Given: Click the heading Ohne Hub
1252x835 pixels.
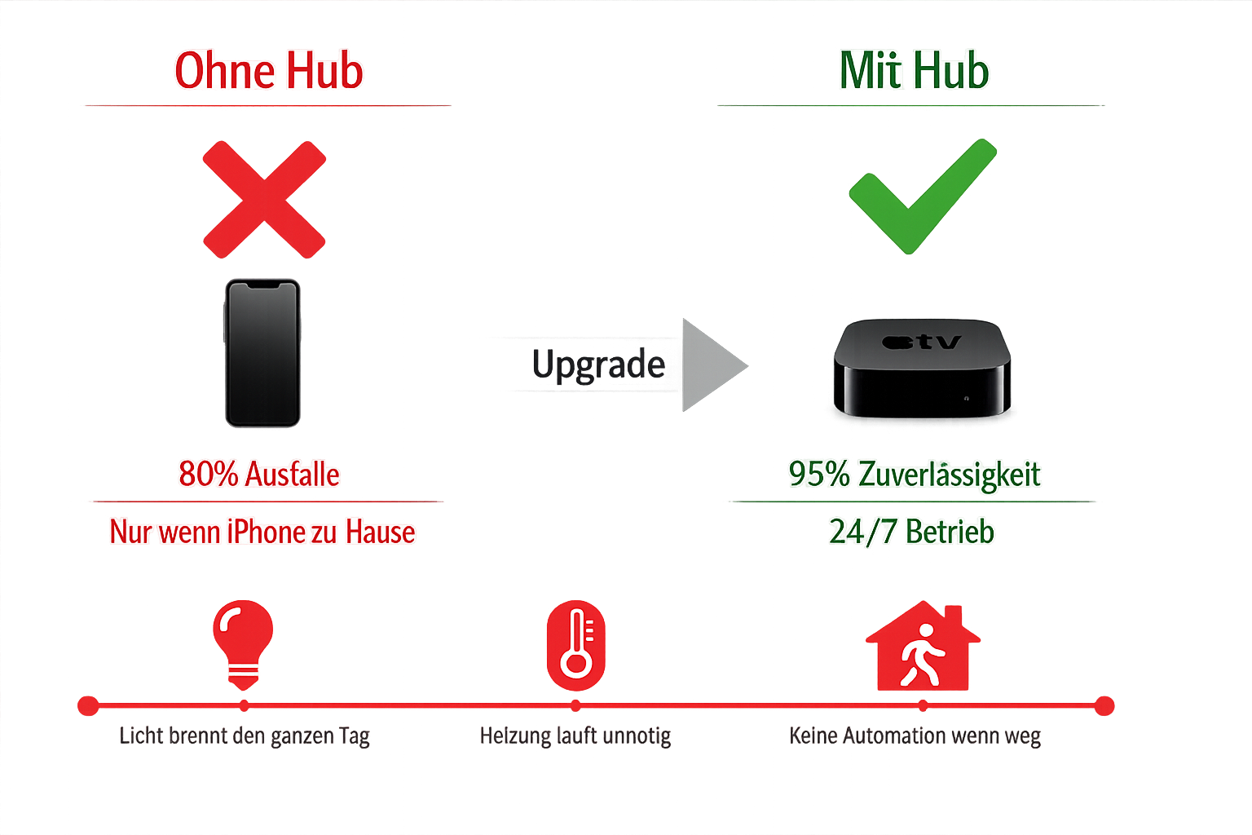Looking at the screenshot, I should [x=269, y=71].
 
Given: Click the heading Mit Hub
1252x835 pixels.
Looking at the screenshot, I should [x=915, y=71].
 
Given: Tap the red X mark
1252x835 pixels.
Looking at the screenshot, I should [x=264, y=200].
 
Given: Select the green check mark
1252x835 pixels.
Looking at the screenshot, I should [x=922, y=197].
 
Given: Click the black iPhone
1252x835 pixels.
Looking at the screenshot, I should [x=262, y=353].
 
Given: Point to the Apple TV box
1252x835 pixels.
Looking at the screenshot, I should [x=922, y=368].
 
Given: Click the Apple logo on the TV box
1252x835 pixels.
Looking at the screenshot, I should [x=897, y=342].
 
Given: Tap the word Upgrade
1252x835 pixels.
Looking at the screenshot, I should [x=598, y=364].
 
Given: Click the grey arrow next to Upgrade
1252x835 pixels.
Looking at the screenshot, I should [x=711, y=364].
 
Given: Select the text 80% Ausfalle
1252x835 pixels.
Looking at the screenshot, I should [x=259, y=475].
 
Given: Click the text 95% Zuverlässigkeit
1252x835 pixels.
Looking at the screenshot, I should [x=915, y=475].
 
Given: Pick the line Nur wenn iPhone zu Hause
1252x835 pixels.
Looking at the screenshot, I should [x=262, y=532].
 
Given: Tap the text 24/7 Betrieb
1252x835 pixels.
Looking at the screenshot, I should [x=911, y=532].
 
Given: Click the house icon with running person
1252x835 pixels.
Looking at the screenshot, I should [x=923, y=648].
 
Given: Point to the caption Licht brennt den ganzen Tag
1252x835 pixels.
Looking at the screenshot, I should [x=245, y=736].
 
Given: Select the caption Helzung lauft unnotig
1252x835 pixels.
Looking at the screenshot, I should [x=575, y=736].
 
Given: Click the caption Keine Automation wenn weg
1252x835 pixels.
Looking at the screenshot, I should [x=915, y=736].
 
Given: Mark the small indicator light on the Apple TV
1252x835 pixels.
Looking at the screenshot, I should [x=967, y=399].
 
